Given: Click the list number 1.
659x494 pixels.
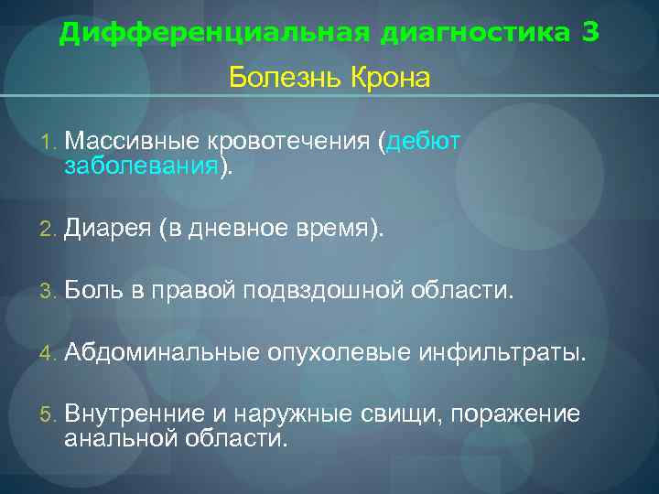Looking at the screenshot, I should [x=47, y=143].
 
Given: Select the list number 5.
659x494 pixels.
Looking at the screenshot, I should [x=47, y=415].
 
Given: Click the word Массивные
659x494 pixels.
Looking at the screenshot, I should [x=133, y=142].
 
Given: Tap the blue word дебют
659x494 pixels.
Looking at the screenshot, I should [x=424, y=142].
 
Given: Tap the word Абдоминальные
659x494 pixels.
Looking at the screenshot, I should [x=162, y=352].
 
